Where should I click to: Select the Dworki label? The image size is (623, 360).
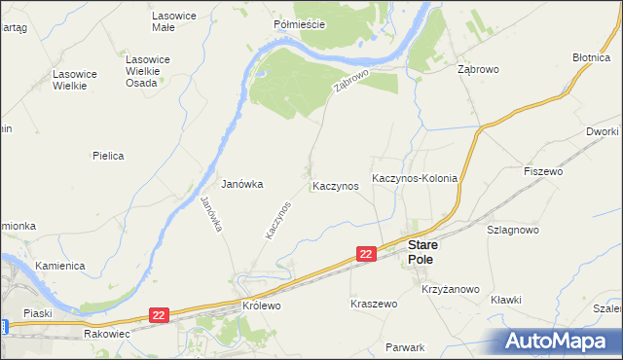(x=604, y=130)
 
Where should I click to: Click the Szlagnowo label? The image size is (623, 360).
(x=513, y=230)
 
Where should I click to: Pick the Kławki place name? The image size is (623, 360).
(x=506, y=300)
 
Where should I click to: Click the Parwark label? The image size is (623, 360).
(x=405, y=347)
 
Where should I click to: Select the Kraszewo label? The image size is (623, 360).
(x=374, y=304)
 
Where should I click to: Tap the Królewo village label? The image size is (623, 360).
(x=261, y=305)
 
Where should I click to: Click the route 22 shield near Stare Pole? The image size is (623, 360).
(x=366, y=253)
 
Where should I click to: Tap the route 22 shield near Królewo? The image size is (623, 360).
(x=161, y=314)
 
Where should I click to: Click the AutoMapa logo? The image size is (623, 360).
(x=559, y=341)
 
